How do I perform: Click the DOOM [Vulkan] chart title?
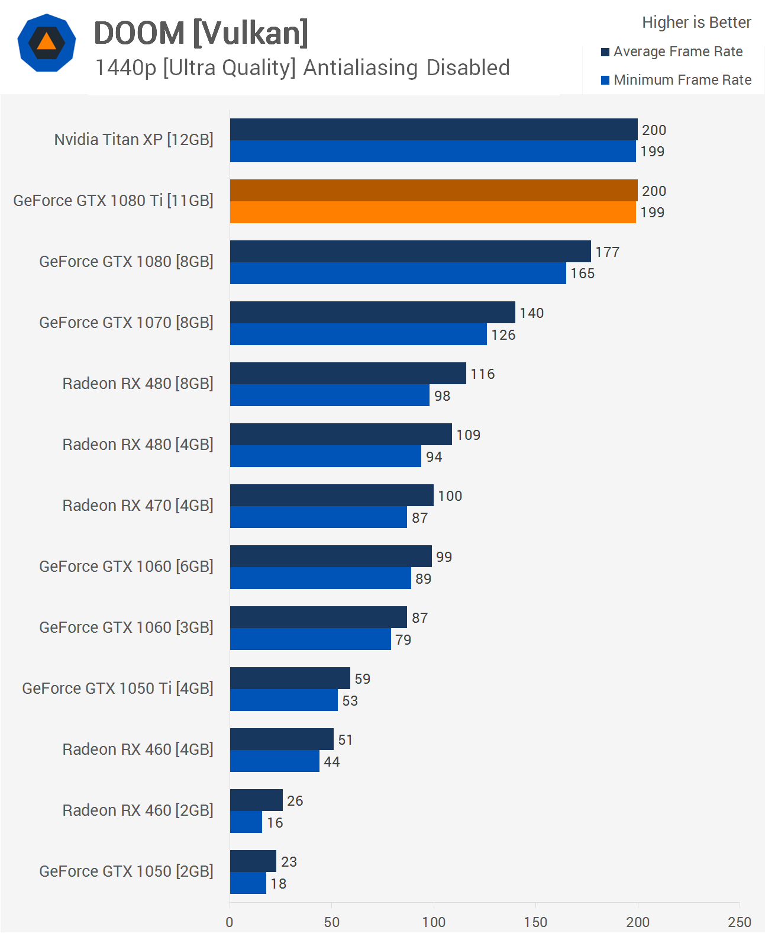(x=201, y=33)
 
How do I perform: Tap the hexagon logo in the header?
(x=47, y=43)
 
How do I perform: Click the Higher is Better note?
(x=696, y=22)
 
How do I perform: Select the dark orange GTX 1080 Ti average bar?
(x=434, y=190)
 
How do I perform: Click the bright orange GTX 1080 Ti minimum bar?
(x=432, y=212)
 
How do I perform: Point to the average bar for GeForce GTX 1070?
(x=372, y=312)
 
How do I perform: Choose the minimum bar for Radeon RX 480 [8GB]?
(x=330, y=395)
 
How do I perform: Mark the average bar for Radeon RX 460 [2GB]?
(x=256, y=800)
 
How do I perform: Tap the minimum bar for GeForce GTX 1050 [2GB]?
(x=248, y=883)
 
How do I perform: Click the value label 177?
(x=607, y=252)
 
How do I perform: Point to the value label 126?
(x=503, y=335)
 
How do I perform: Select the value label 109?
(x=468, y=435)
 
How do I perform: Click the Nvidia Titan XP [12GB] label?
(x=134, y=140)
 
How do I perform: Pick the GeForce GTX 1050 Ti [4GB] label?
(x=118, y=689)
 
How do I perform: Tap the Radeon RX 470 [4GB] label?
(x=138, y=506)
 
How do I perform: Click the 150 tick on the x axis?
(x=535, y=922)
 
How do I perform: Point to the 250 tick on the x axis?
(x=739, y=922)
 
